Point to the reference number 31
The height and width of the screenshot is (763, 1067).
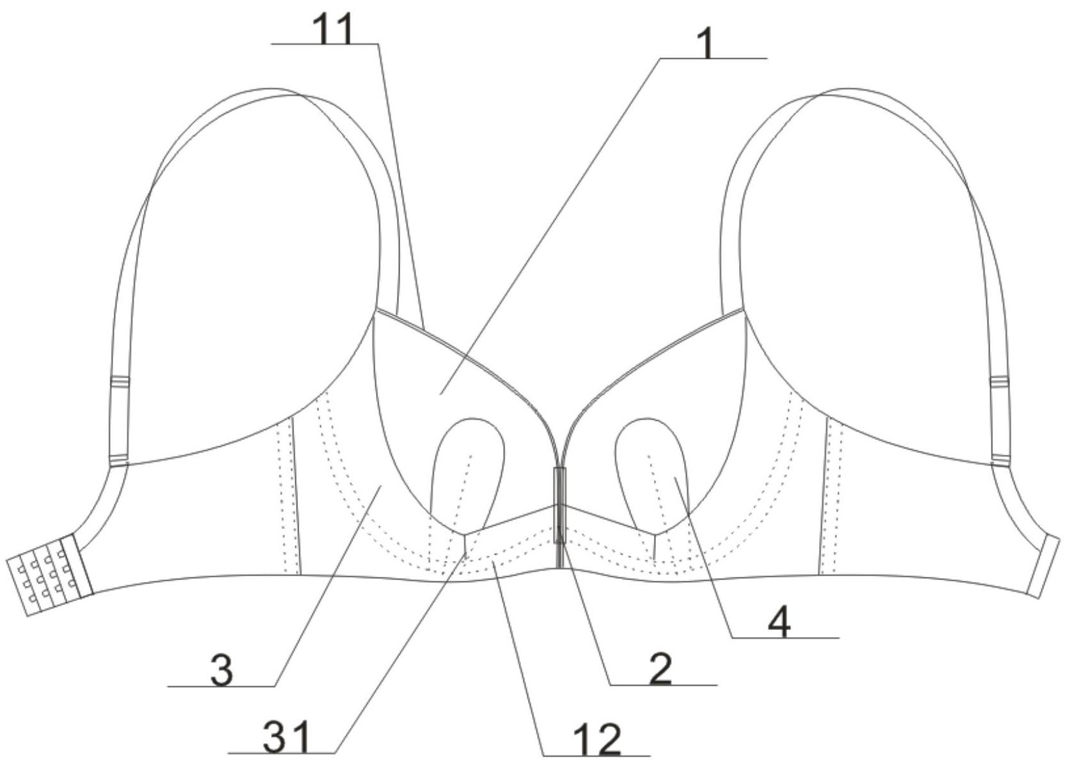[288, 737]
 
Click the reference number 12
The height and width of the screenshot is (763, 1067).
[597, 741]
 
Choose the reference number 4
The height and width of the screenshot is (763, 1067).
[780, 622]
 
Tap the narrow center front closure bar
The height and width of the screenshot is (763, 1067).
[559, 505]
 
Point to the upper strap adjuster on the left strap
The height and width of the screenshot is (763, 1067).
[120, 382]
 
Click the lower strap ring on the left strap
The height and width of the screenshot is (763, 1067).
[119, 460]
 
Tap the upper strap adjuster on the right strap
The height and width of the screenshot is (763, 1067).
[999, 382]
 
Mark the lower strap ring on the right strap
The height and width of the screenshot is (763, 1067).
[1001, 460]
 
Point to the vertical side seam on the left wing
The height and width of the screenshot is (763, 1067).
[295, 496]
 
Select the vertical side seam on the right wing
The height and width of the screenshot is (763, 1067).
[823, 496]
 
